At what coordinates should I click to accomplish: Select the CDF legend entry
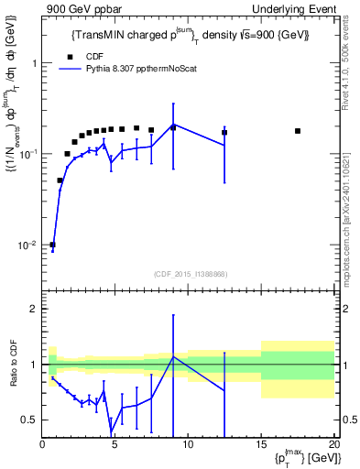tap(84, 55)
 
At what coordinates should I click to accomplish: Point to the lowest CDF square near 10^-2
tap(52, 245)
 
